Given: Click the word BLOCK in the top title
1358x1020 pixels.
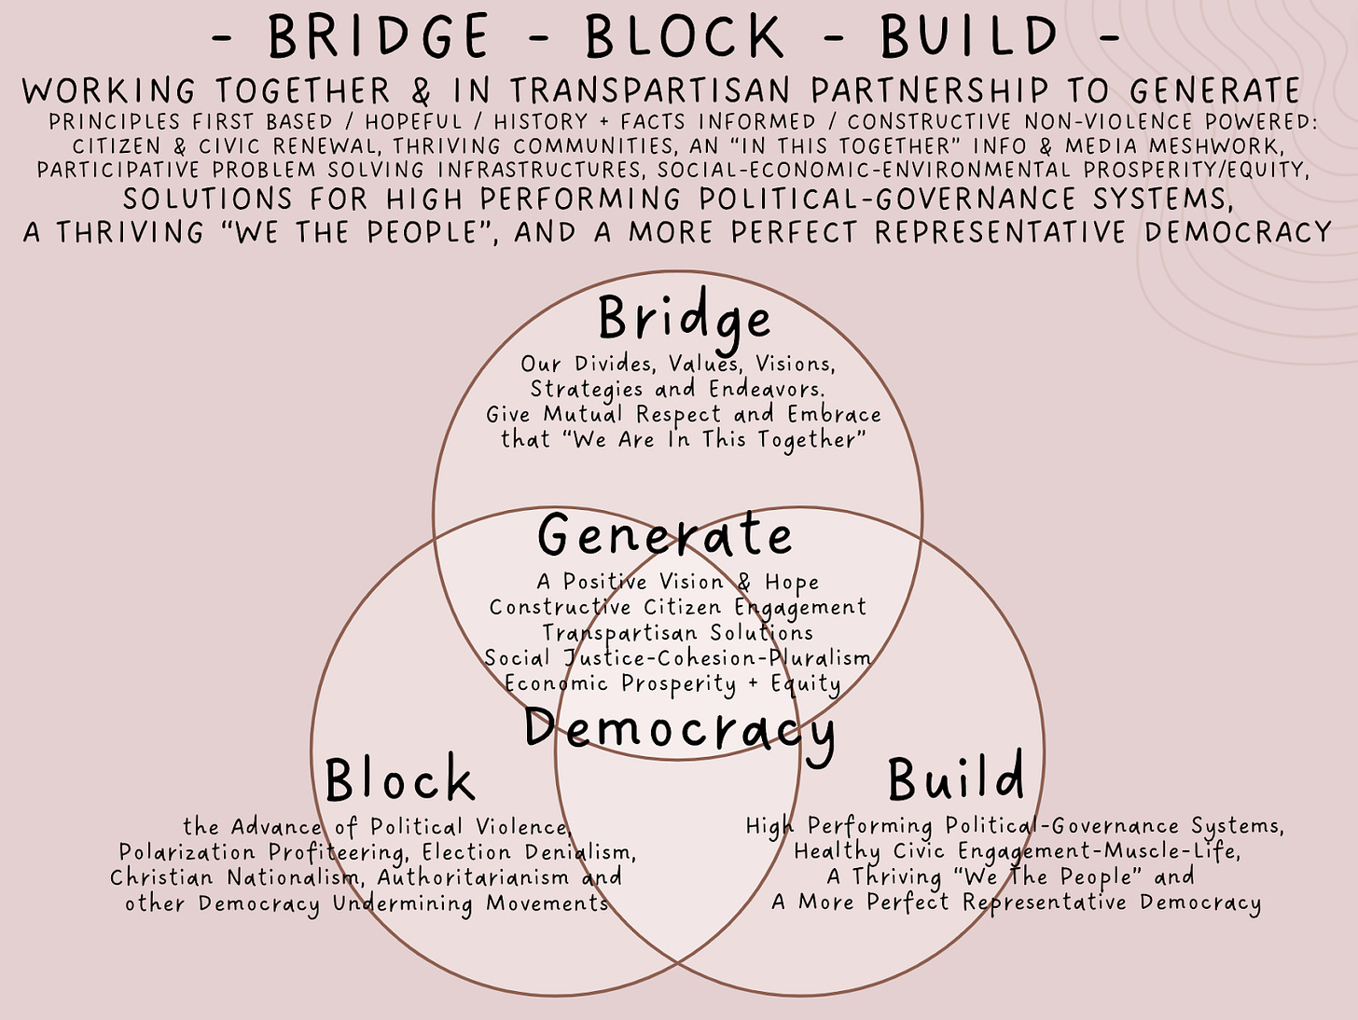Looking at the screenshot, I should tap(685, 37).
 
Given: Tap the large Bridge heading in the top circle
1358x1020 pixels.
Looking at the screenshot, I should tap(685, 320).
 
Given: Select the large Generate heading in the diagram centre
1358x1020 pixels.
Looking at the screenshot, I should tap(665, 536).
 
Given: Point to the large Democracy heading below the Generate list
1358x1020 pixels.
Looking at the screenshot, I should tap(679, 729).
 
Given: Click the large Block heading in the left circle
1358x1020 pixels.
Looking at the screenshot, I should tap(399, 779).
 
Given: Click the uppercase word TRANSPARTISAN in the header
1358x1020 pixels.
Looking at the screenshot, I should tap(651, 90).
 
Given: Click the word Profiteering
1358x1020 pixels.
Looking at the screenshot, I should tap(337, 852).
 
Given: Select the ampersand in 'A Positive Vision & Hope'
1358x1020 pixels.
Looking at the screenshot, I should tap(743, 582).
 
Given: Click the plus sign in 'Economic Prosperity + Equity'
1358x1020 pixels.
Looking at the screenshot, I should tap(754, 683).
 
